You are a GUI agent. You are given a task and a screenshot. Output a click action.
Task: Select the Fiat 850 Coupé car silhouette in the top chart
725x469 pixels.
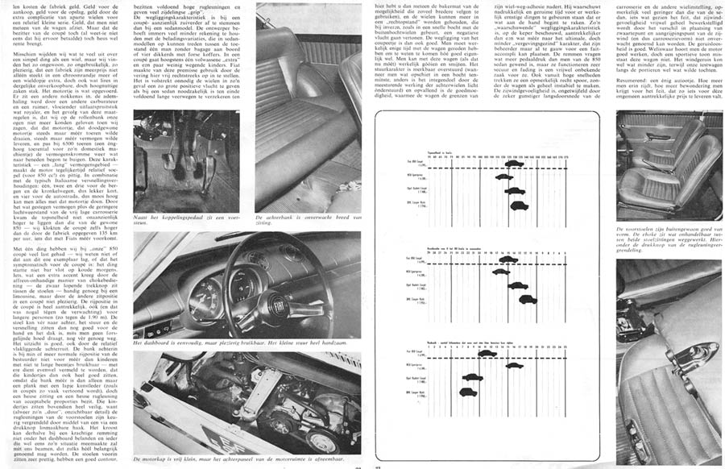514,164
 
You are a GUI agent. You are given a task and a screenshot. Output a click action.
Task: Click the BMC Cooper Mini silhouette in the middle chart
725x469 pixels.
528,299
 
